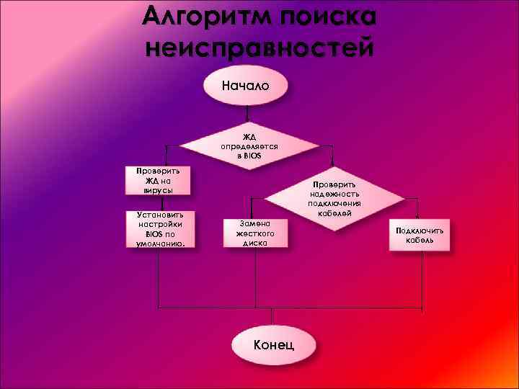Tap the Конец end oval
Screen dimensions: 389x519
(273, 344)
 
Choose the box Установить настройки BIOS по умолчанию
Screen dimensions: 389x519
(160, 229)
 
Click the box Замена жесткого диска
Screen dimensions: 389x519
(254, 233)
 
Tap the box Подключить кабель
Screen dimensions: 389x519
(419, 235)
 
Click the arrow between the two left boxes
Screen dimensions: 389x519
(163, 203)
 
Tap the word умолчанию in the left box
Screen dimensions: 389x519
(160, 243)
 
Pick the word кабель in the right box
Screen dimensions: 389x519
(419, 240)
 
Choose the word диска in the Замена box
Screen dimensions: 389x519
(254, 243)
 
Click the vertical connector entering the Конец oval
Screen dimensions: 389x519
(272, 318)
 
